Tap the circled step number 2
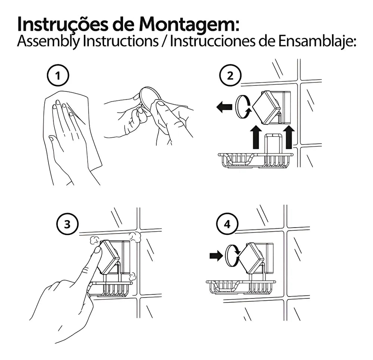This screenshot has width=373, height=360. pyautogui.click(x=230, y=76)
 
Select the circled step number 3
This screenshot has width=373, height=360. pyautogui.click(x=67, y=224)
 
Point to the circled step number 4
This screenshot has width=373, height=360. pyautogui.click(x=227, y=224)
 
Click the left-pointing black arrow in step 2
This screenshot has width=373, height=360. pyautogui.click(x=224, y=107)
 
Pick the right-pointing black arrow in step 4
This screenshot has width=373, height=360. pyautogui.click(x=216, y=256)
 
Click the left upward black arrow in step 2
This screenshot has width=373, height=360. pyautogui.click(x=256, y=137)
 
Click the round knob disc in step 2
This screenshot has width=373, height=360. pyautogui.click(x=241, y=106)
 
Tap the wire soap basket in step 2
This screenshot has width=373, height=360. pyautogui.click(x=256, y=160)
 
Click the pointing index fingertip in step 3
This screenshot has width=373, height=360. pyautogui.click(x=97, y=250)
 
